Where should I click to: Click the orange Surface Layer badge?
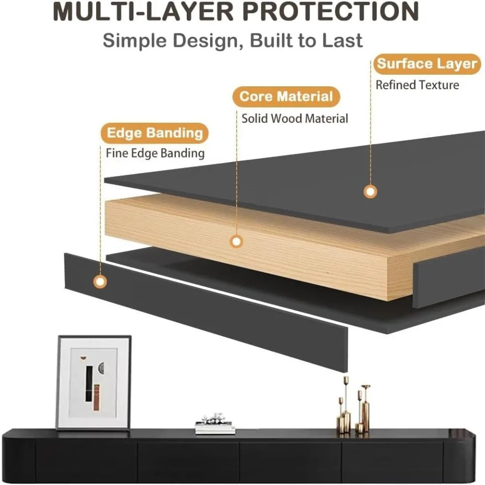[427, 64]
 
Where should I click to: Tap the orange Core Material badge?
[286, 97]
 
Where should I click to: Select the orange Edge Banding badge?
[155, 133]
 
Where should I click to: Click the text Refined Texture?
[417, 85]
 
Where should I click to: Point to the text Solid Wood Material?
[295, 118]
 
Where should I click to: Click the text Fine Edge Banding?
[155, 153]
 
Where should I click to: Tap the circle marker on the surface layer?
[370, 192]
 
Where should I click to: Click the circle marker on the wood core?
[237, 241]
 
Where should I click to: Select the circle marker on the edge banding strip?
[100, 282]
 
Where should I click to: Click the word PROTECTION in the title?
[330, 11]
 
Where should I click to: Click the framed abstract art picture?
[94, 382]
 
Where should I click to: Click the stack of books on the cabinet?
[215, 424]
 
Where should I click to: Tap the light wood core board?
[247, 244]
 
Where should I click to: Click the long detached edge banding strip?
[206, 312]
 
